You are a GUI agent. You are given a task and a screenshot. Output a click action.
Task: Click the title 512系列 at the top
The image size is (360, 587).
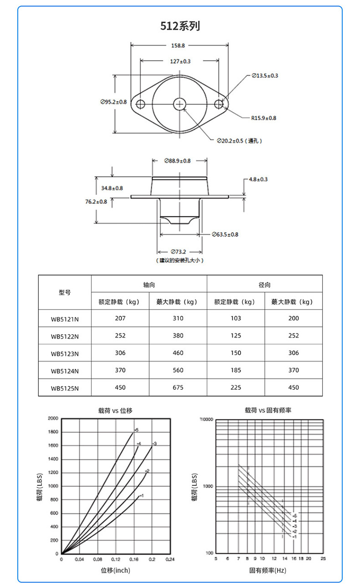[180, 26]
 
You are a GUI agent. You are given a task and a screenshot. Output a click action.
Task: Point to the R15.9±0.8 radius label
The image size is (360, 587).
[263, 118]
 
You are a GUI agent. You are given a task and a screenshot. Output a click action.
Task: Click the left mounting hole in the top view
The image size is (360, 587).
[140, 104]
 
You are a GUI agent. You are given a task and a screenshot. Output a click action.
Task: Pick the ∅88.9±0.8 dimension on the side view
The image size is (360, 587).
[177, 161]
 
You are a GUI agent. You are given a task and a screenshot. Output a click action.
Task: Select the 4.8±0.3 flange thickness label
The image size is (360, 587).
[258, 179]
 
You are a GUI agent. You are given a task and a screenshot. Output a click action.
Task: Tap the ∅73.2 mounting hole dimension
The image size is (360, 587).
[180, 251]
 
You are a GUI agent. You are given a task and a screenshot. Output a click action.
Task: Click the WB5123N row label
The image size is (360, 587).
[65, 353]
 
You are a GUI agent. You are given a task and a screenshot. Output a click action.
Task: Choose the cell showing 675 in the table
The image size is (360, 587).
[178, 388]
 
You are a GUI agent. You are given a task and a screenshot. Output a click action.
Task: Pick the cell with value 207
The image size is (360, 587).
[120, 318]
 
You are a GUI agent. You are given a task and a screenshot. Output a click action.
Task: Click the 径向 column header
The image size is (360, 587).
[265, 285]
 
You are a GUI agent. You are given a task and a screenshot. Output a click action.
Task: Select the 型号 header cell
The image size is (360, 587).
[65, 292]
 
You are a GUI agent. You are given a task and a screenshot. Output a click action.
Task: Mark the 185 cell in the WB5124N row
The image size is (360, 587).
[236, 370]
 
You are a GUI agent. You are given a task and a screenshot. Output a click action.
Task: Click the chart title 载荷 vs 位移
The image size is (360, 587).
[115, 410]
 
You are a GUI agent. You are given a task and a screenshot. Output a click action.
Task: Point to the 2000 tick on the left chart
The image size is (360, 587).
[53, 418]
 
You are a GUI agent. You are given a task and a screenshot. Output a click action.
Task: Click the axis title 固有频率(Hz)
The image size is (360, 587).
[268, 570]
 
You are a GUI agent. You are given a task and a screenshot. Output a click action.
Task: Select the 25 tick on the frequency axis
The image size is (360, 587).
[323, 558]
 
